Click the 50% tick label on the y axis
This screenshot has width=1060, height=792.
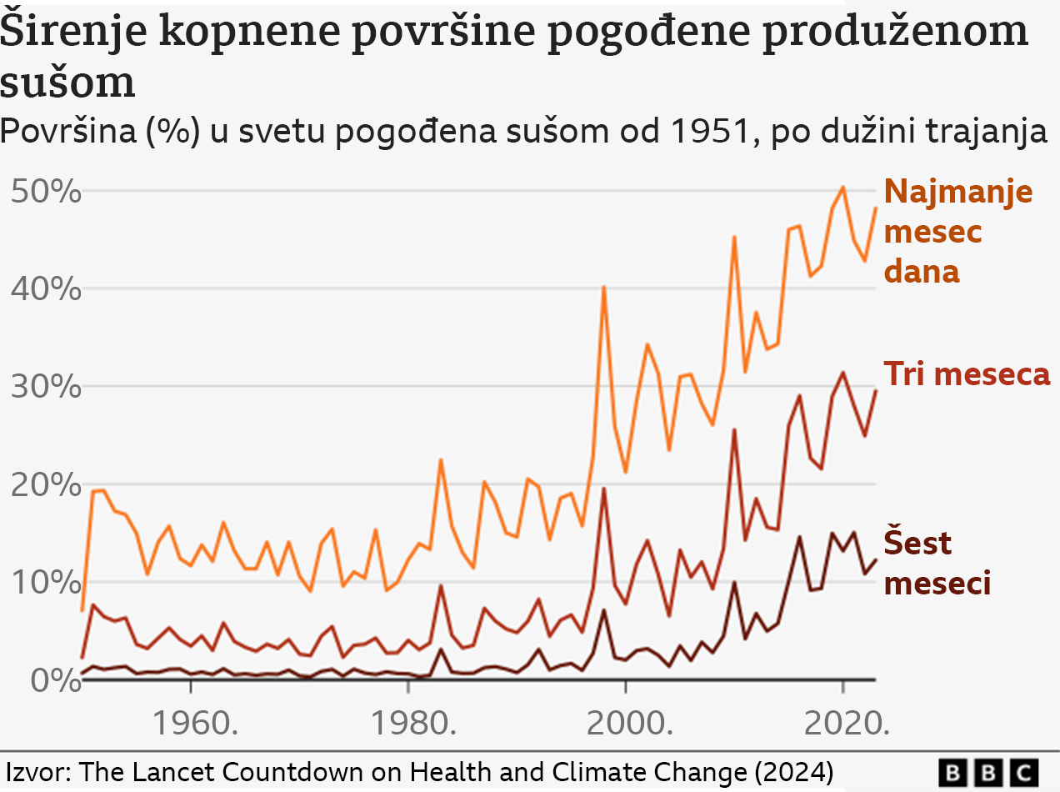(x=47, y=193)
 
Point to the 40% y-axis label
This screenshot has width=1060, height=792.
(x=47, y=290)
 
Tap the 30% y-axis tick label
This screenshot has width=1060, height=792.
(x=47, y=388)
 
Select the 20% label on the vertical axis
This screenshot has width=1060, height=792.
(x=47, y=485)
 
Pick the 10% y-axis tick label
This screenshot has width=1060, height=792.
(x=47, y=583)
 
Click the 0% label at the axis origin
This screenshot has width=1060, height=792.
(x=55, y=680)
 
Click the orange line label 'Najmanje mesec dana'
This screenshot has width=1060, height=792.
(x=957, y=231)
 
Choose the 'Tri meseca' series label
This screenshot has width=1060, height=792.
(x=967, y=373)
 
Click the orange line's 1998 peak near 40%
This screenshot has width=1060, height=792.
(x=603, y=287)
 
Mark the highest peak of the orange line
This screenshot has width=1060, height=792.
(x=842, y=187)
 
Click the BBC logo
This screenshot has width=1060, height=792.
(x=989, y=771)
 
